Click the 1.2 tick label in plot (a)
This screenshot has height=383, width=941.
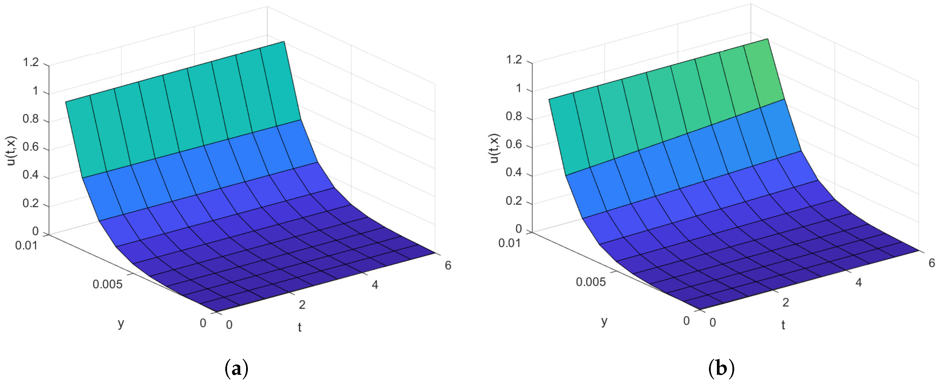tap(31, 62)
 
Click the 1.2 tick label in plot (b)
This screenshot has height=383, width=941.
tap(514, 60)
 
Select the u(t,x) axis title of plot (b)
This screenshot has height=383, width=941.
tap(495, 148)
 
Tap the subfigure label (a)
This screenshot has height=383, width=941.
tap(237, 368)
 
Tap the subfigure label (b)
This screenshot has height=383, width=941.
tap(721, 368)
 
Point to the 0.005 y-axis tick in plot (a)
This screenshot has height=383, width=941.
tap(107, 284)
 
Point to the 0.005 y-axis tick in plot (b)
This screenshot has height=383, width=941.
tap(591, 282)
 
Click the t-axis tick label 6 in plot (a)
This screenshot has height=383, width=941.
tap(448, 265)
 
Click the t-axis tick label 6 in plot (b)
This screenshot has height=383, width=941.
tap(932, 263)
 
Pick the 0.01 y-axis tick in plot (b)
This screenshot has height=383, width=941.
tap(510, 243)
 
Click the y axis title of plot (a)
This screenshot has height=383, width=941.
tap(121, 323)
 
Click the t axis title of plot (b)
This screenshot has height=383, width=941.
tap(783, 325)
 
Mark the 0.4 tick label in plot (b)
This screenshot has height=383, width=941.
tap(514, 172)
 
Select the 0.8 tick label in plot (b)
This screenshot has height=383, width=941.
tap(514, 116)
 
